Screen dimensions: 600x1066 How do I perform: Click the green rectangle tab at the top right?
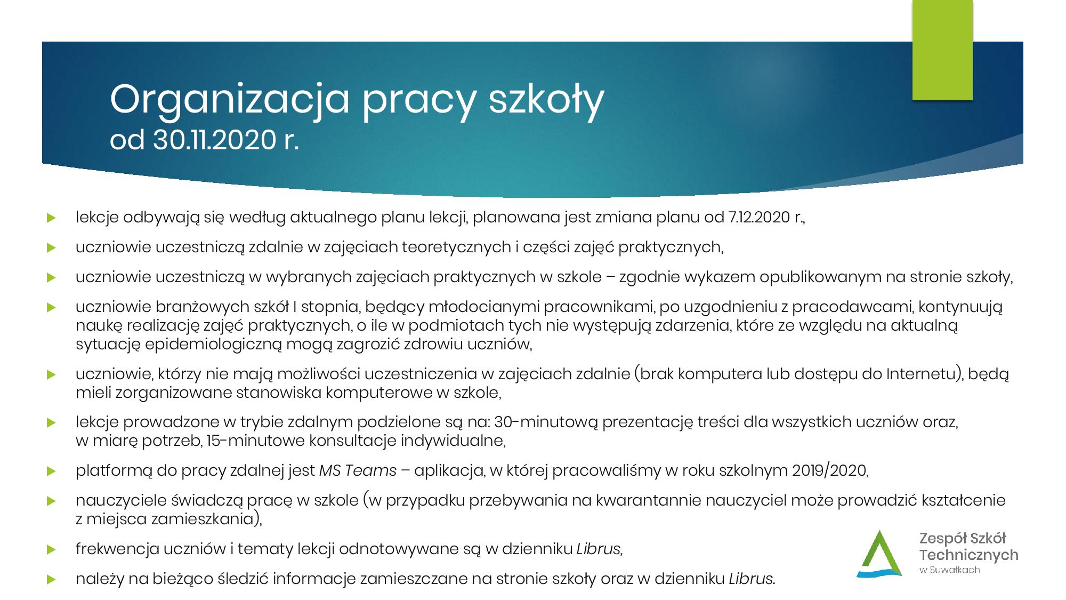coord(942,51)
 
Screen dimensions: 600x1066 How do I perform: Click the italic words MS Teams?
coord(358,470)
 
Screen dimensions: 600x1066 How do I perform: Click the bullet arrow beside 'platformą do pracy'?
coord(51,471)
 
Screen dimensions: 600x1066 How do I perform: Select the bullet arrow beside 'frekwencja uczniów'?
coord(51,549)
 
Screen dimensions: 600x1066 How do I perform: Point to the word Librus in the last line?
coord(750,579)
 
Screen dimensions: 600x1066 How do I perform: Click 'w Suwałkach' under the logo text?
coord(950,570)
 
